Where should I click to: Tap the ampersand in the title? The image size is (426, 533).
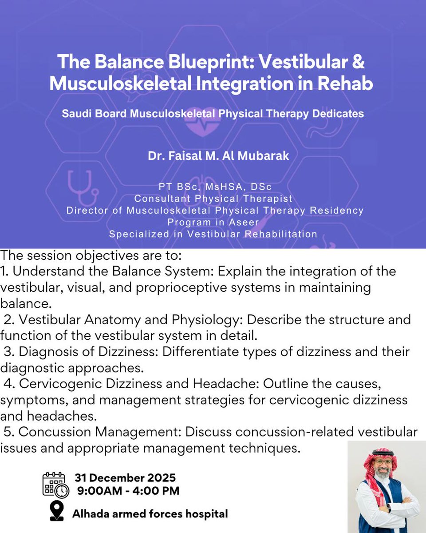pos(358,63)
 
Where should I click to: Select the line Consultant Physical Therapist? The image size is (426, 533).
pos(213,199)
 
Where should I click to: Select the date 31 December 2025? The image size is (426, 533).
pos(125,478)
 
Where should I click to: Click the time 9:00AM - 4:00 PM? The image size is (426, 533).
pos(128,491)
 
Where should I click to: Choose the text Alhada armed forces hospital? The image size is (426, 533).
pos(150,514)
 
